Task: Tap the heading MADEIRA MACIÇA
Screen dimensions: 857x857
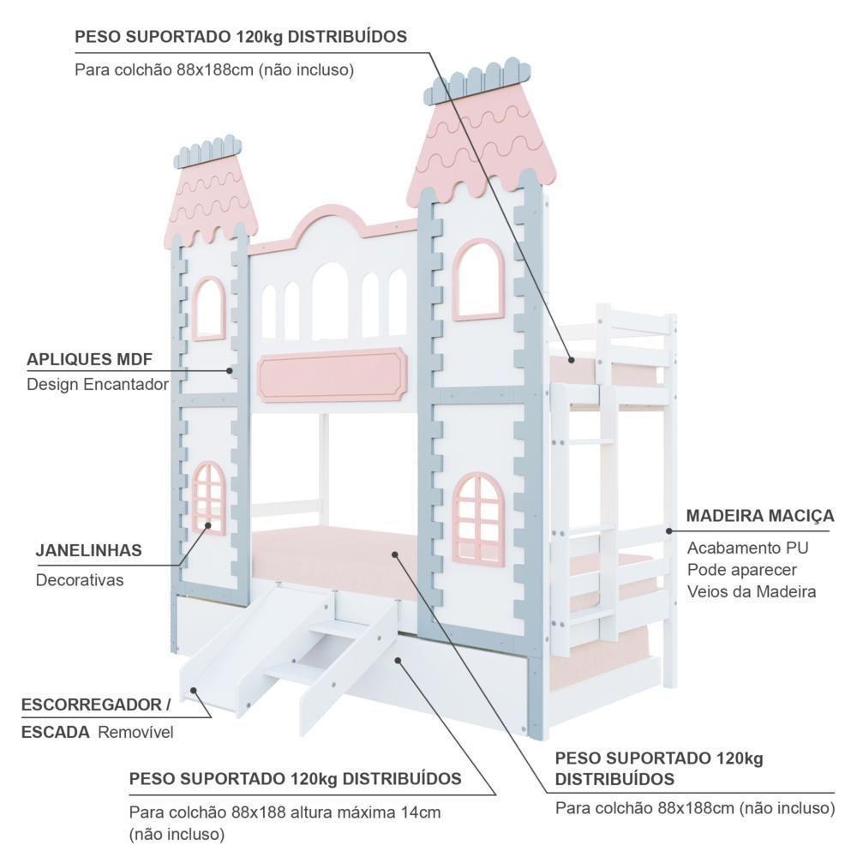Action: click(759, 516)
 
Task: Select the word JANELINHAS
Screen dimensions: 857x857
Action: click(88, 550)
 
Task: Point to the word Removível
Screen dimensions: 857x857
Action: click(135, 733)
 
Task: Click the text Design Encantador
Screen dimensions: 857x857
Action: click(98, 384)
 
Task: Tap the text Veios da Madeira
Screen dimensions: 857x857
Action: click(752, 591)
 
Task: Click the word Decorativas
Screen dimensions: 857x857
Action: click(80, 580)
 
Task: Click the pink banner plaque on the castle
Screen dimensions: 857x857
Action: click(331, 375)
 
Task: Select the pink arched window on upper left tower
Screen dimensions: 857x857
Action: click(208, 308)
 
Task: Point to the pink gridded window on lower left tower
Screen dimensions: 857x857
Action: click(208, 498)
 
